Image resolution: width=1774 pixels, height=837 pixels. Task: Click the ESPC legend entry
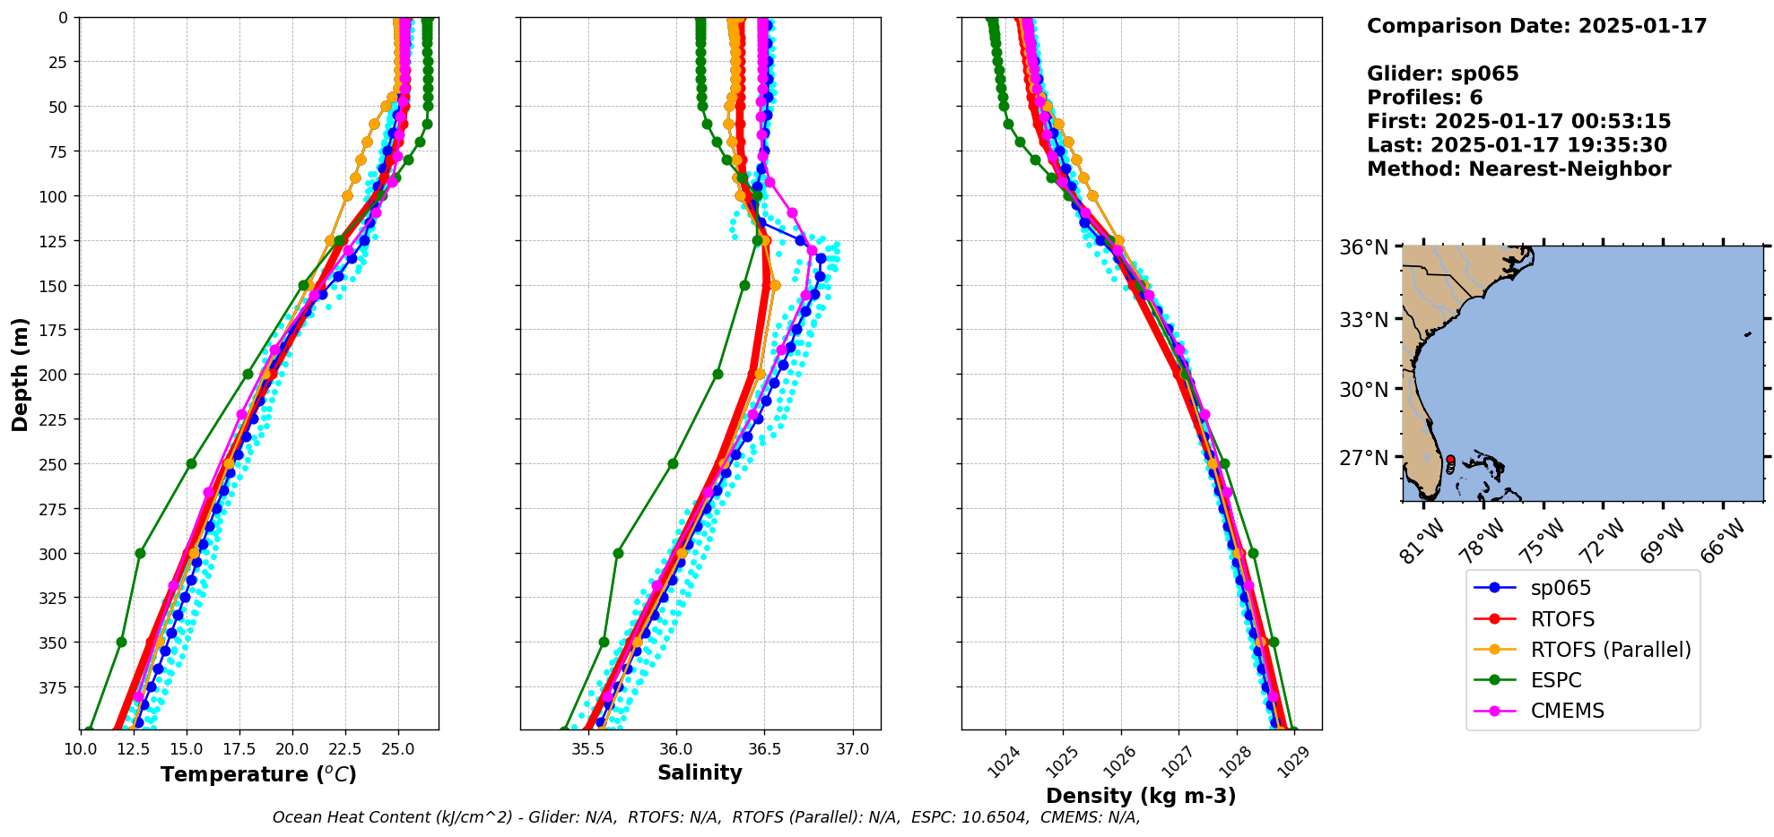1555,680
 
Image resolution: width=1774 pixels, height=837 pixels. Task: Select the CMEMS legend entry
1567,711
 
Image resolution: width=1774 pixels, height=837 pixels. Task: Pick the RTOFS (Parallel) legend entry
1610,650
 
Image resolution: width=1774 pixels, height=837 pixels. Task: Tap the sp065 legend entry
1561,588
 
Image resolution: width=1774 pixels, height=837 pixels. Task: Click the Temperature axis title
258,774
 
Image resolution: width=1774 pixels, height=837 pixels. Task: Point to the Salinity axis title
700,772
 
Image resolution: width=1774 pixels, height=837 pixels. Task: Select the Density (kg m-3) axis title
1141,796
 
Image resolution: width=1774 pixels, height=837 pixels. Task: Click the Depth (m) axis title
20,374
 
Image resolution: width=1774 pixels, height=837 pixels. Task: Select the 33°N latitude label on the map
1363,320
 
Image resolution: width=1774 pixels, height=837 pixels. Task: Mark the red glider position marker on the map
1450,460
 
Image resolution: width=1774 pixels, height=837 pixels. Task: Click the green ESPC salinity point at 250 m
673,463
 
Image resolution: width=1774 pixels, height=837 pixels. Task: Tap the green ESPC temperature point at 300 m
140,553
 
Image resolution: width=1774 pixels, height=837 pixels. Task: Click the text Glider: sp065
1442,73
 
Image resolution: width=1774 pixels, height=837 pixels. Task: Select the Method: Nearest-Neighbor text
1518,169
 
